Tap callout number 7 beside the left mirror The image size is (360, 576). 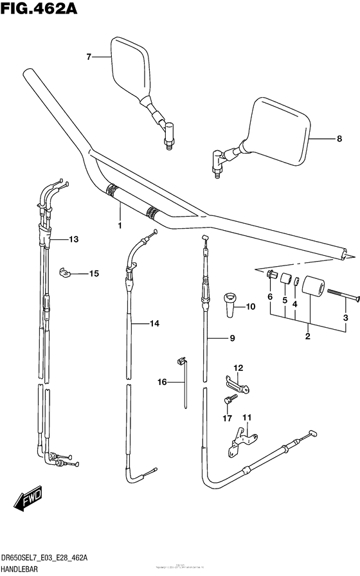pos(89,57)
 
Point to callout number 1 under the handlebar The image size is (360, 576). pos(120,226)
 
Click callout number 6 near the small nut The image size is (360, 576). pos(270,297)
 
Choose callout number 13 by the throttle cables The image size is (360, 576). pos(73,239)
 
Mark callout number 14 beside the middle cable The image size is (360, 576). pos(154,325)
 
